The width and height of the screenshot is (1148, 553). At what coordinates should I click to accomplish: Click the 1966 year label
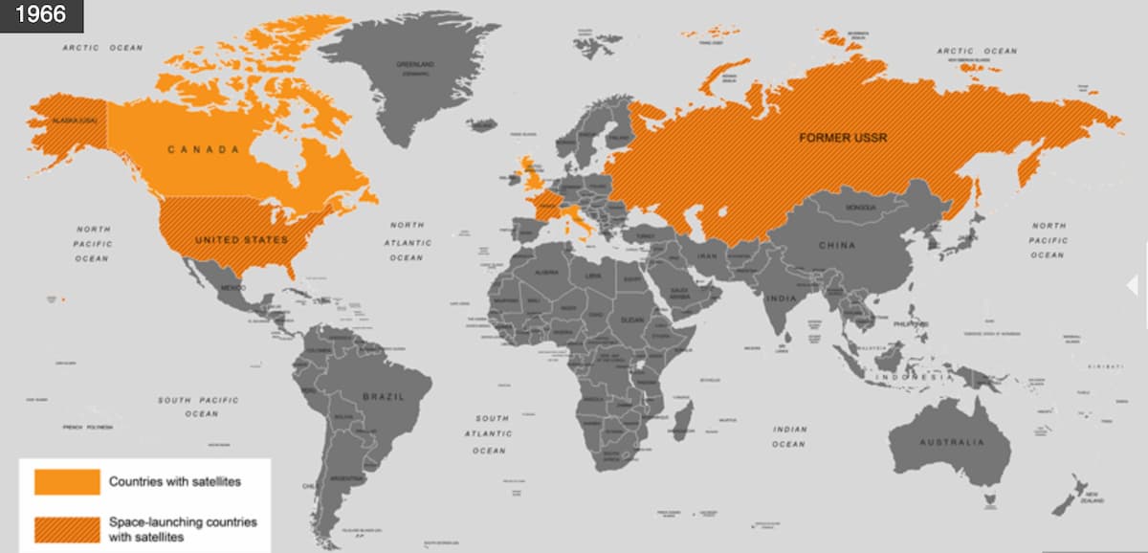[x=41, y=15]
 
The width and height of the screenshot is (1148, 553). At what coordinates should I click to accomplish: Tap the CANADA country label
[x=203, y=149]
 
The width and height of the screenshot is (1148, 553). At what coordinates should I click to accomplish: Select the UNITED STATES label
[x=241, y=239]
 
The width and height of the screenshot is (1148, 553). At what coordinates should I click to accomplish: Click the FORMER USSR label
[x=843, y=138]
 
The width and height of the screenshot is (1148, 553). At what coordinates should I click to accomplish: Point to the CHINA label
[x=836, y=245]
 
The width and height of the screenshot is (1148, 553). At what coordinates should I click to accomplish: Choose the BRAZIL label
[x=383, y=395]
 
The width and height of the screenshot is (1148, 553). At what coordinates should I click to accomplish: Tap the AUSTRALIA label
[x=951, y=442]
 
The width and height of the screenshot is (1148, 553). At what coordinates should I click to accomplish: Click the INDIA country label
[x=781, y=299]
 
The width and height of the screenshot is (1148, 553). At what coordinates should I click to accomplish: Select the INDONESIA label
[x=916, y=377]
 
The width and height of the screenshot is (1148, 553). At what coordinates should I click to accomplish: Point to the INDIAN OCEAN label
[x=789, y=436]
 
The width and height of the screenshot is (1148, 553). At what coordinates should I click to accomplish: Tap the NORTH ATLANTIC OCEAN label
[x=406, y=241]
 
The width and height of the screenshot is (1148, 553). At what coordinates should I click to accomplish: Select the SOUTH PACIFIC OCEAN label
[x=199, y=407]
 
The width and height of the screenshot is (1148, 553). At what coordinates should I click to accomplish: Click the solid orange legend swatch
[x=67, y=481]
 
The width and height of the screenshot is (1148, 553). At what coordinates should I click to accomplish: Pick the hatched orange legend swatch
[x=67, y=529]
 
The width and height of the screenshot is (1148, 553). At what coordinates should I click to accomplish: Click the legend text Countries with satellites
[x=174, y=481]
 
